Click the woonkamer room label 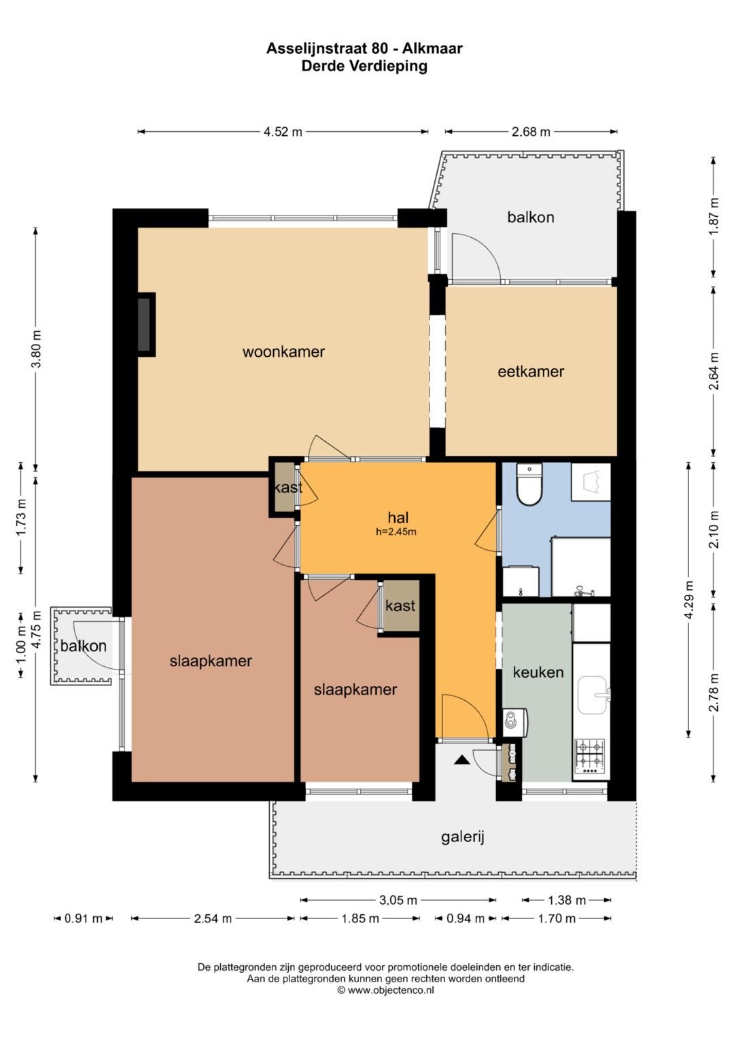[x=283, y=351]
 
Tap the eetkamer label [x=531, y=371]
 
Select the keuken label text [x=538, y=672]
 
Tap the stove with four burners [x=590, y=757]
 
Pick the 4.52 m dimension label [x=283, y=132]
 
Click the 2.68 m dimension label [x=531, y=132]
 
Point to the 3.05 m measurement [x=398, y=901]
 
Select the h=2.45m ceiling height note [x=396, y=532]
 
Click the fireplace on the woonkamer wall [x=146, y=324]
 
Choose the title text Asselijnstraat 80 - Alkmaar [x=364, y=48]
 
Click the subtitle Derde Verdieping [x=364, y=66]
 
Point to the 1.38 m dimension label [x=567, y=901]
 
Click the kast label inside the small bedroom [x=400, y=606]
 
